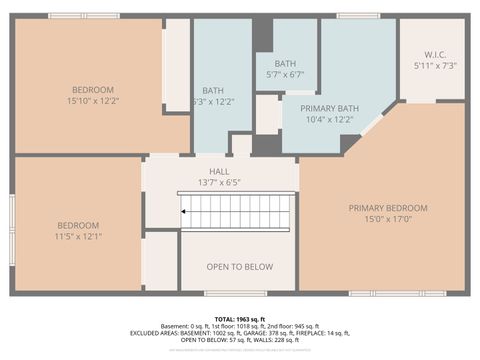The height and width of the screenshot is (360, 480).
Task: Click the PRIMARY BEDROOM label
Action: pyautogui.click(x=387, y=208)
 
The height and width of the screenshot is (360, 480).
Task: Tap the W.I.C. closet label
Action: pyautogui.click(x=435, y=54)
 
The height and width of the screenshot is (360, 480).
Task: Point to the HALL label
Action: pyautogui.click(x=219, y=171)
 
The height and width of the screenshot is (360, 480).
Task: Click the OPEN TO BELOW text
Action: pyautogui.click(x=239, y=266)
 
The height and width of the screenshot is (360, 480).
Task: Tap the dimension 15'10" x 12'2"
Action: pyautogui.click(x=93, y=101)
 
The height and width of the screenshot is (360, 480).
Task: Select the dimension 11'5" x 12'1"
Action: pyautogui.click(x=79, y=236)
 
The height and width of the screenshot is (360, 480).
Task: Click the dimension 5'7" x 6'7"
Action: pyautogui.click(x=285, y=74)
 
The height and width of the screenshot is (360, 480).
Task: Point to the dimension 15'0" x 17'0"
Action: pyautogui.click(x=387, y=220)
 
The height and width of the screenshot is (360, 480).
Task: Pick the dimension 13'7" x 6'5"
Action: pyautogui.click(x=219, y=182)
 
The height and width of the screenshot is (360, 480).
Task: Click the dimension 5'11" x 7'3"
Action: pyautogui.click(x=435, y=65)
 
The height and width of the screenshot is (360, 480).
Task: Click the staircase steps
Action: pyautogui.click(x=240, y=212)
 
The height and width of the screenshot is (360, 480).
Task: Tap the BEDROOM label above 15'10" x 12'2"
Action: pyautogui.click(x=93, y=89)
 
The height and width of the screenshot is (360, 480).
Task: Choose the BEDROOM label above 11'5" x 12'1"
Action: pyautogui.click(x=79, y=225)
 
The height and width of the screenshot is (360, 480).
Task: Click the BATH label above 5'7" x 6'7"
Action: pyautogui.click(x=285, y=63)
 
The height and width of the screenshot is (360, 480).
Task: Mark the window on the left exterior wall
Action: pyautogui.click(x=12, y=225)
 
